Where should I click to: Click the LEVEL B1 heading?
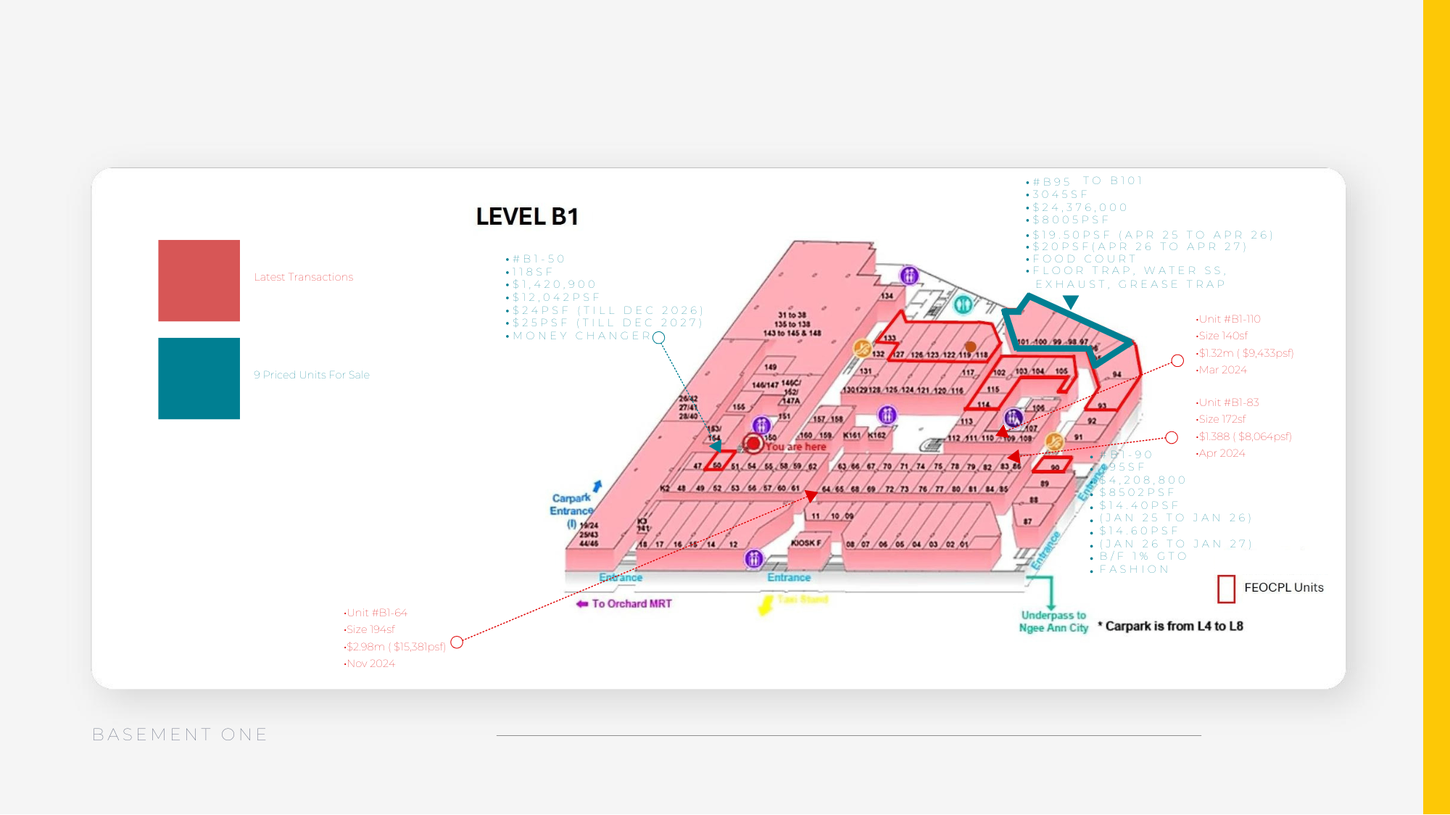point(527,217)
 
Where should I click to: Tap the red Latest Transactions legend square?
point(199,281)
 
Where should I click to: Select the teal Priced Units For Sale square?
point(199,378)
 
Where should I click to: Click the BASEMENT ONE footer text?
point(180,735)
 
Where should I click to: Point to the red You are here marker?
point(753,443)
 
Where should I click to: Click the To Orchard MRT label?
point(631,604)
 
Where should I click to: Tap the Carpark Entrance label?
point(571,504)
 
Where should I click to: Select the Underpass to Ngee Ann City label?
point(1053,621)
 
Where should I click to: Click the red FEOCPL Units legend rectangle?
point(1226,589)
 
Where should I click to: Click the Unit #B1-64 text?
point(377,613)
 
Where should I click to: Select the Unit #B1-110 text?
point(1230,319)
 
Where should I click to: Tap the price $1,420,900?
point(554,284)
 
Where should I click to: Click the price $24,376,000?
point(1080,207)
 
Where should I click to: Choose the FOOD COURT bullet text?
point(1085,259)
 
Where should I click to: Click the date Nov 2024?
point(370,663)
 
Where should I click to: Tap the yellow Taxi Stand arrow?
point(766,604)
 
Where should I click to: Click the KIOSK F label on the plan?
point(806,543)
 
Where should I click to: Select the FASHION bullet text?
point(1134,569)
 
